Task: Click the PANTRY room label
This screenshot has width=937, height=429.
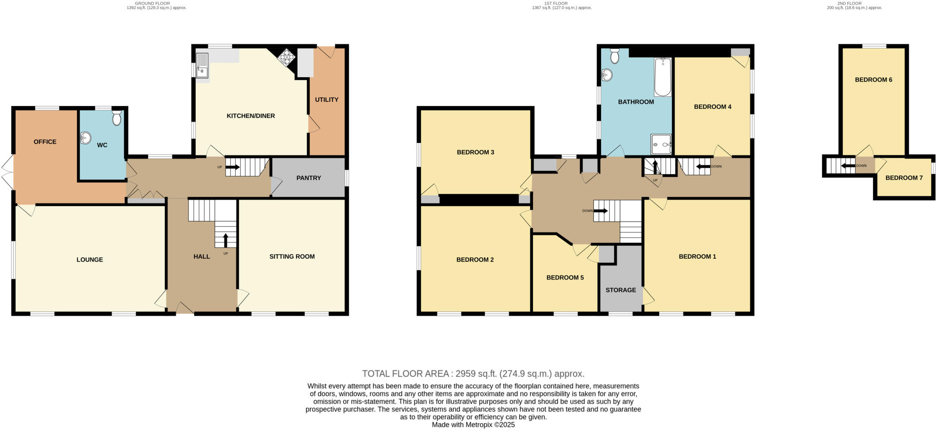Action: tap(308, 178)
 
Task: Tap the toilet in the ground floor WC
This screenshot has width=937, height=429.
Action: tap(117, 118)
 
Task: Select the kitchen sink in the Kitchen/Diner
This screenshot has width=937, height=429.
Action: tap(202, 66)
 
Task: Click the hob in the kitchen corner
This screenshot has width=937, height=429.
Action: tap(286, 58)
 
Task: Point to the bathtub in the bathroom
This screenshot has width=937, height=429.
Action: tap(662, 77)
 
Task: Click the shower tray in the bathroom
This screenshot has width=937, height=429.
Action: tap(661, 144)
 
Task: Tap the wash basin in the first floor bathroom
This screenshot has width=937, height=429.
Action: tap(607, 75)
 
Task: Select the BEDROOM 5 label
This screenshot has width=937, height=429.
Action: tap(565, 277)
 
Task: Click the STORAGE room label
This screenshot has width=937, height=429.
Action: tap(620, 290)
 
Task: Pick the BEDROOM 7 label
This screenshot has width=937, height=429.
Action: tap(904, 178)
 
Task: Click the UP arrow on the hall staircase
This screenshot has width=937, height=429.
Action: tap(226, 239)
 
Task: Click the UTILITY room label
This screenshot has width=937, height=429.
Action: tap(326, 100)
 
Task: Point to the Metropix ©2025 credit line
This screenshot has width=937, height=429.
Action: tap(473, 424)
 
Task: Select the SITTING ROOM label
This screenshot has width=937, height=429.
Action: tap(292, 256)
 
